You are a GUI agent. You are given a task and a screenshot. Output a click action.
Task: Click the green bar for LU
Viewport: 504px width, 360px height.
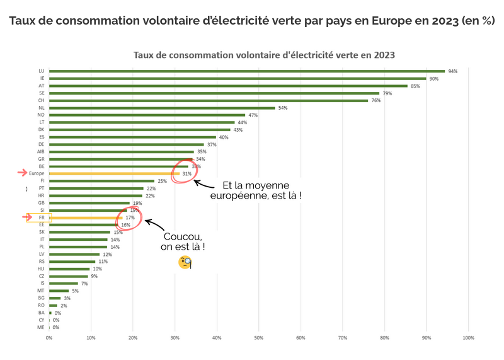click(x=247, y=71)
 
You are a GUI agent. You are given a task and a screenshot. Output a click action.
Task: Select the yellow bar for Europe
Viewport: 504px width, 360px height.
click(x=114, y=173)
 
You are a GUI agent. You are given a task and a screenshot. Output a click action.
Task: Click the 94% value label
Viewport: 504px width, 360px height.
click(x=452, y=71)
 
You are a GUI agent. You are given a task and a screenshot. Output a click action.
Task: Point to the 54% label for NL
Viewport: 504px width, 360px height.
click(x=283, y=108)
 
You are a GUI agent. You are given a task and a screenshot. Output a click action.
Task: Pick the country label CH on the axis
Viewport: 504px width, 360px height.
click(x=41, y=100)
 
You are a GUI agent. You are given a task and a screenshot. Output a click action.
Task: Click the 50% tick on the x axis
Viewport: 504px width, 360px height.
click(x=258, y=338)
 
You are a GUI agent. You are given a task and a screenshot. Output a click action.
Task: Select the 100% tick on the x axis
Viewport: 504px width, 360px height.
click(x=468, y=338)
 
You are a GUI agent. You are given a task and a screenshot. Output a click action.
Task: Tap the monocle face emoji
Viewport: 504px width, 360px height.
click(x=185, y=263)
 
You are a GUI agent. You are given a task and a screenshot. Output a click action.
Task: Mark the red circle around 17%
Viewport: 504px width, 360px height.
click(x=129, y=218)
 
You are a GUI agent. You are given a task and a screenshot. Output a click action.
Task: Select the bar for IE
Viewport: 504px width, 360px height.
click(x=238, y=79)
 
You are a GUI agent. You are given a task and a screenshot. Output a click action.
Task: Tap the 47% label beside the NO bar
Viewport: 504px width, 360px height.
click(x=253, y=115)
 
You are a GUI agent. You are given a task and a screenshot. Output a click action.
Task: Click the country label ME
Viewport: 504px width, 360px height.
click(x=41, y=327)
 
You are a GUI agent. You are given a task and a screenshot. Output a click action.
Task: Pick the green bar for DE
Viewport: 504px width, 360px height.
click(x=127, y=144)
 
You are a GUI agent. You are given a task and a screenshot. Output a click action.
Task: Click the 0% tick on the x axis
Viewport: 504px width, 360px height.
click(x=49, y=338)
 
